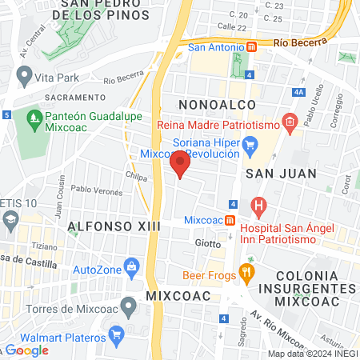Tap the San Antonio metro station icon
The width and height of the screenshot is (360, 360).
click(252, 47)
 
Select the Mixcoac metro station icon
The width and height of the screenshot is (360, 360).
click(230, 220)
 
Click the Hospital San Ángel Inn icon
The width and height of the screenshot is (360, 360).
click(258, 206)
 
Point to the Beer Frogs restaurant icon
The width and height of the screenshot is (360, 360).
click(246, 274)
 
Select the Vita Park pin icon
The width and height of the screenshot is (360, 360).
click(23, 78)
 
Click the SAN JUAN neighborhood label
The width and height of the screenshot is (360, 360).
click(281, 173)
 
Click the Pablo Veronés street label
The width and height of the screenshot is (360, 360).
click(97, 190)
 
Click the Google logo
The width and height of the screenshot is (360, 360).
click(28, 350)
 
